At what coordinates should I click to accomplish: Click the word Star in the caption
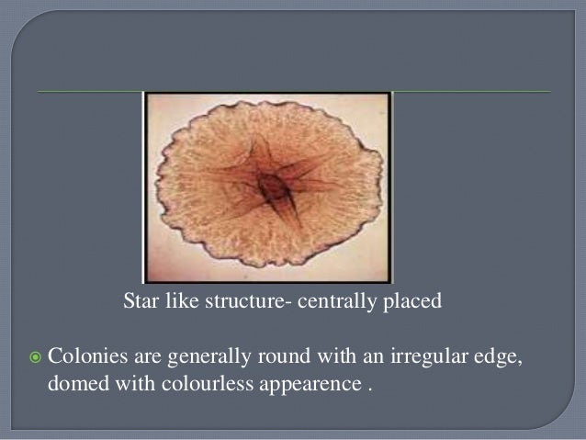(x=140, y=299)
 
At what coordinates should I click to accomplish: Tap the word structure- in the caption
(x=243, y=299)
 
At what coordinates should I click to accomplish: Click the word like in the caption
(x=182, y=299)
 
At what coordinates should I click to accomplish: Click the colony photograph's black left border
(x=145, y=184)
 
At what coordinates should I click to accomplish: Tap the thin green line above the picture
(x=92, y=92)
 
